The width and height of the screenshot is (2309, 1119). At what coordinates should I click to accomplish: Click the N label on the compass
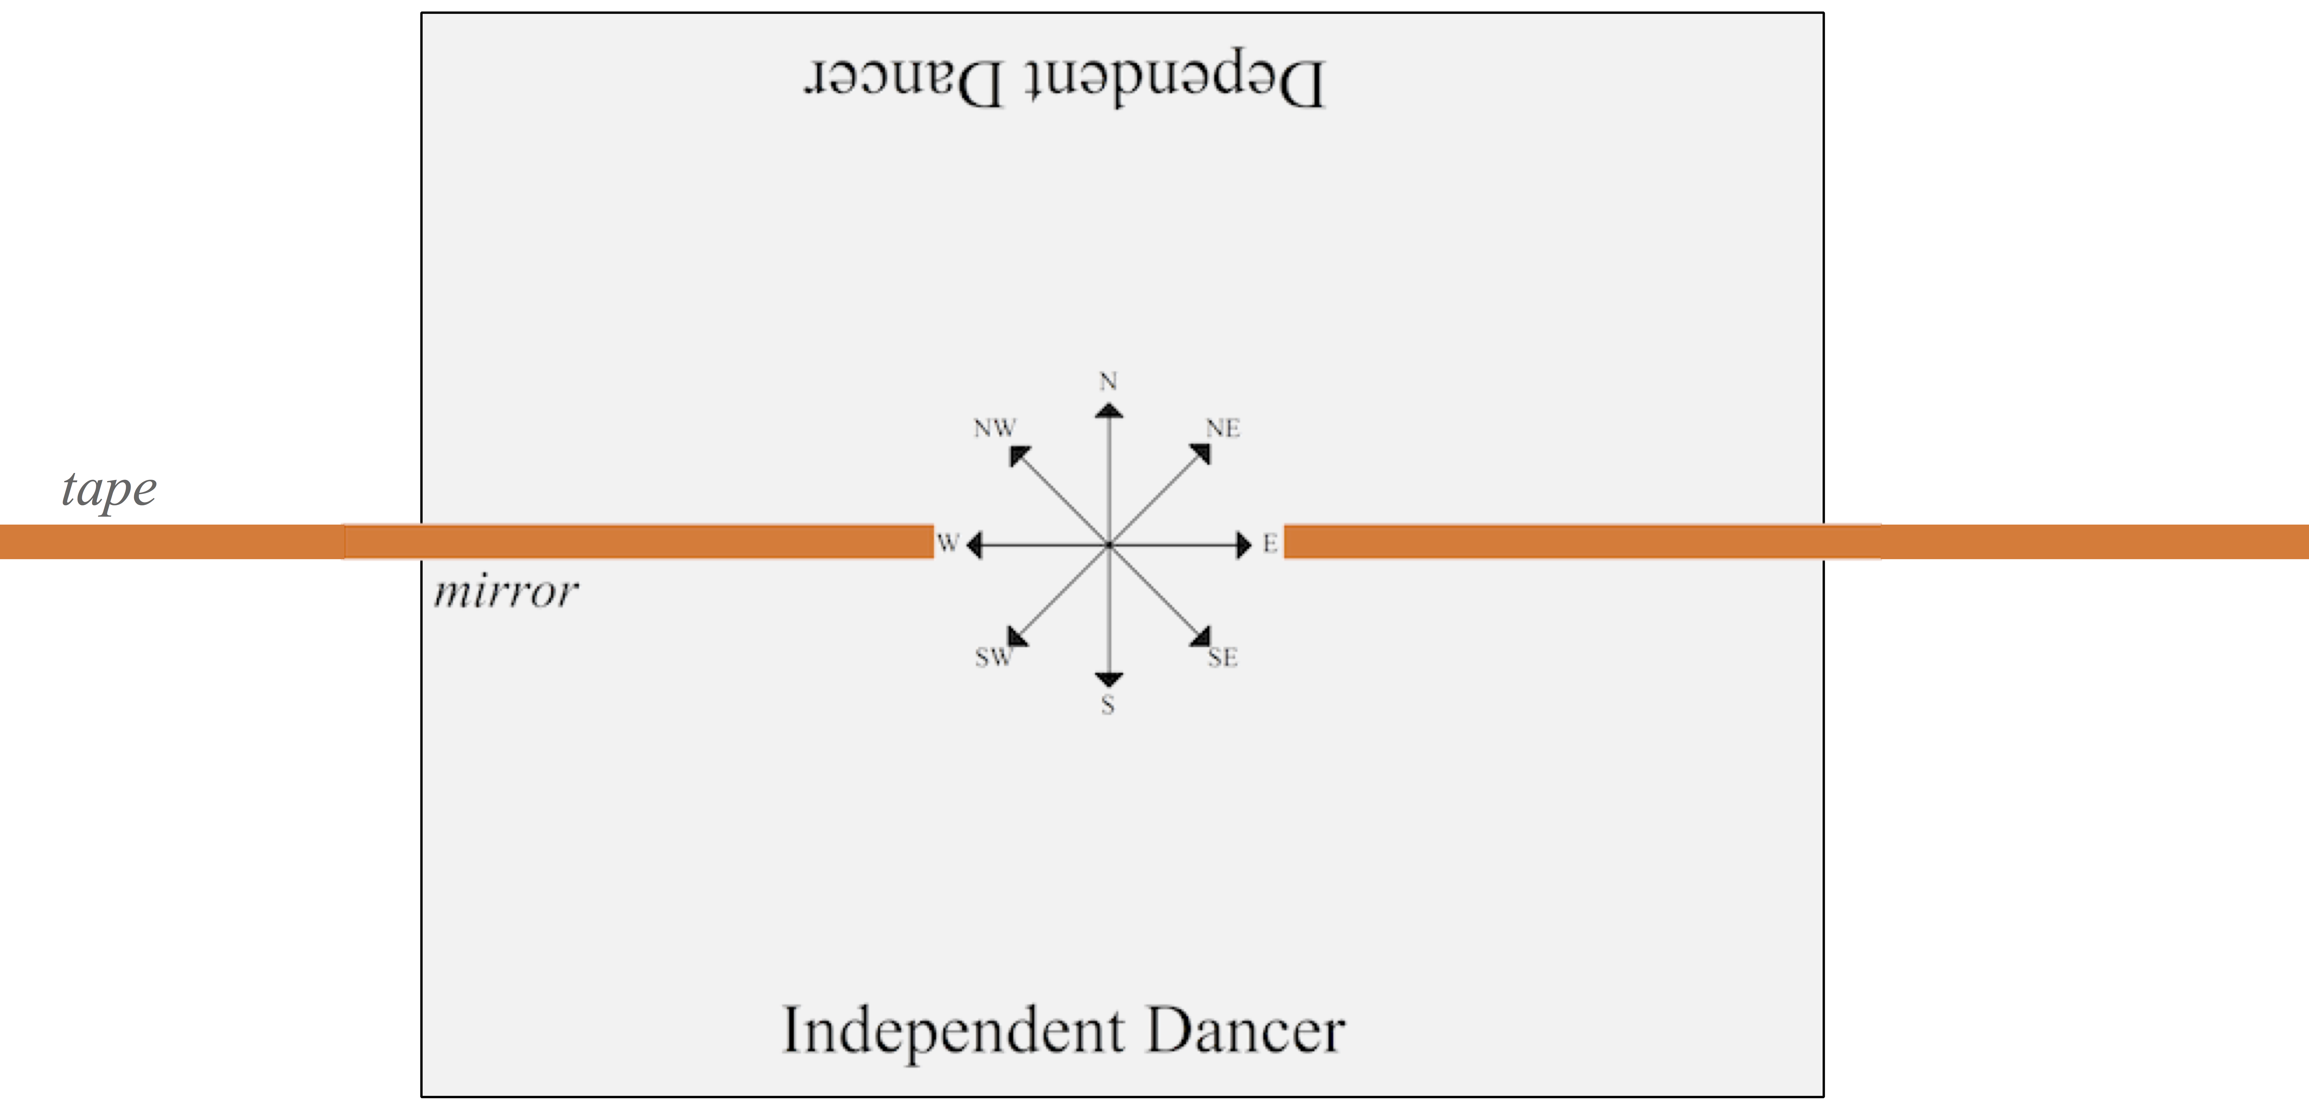point(1109,382)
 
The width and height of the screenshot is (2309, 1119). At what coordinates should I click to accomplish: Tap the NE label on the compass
point(1223,429)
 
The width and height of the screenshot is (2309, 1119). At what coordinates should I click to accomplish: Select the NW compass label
point(995,429)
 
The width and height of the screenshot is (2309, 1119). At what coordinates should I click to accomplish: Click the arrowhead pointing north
point(1109,411)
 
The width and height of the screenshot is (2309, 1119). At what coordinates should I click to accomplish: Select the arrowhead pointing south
point(1109,680)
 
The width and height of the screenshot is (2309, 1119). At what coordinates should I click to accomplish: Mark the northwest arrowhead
point(1017,454)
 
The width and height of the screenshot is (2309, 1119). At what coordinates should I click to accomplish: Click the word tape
point(109,490)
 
